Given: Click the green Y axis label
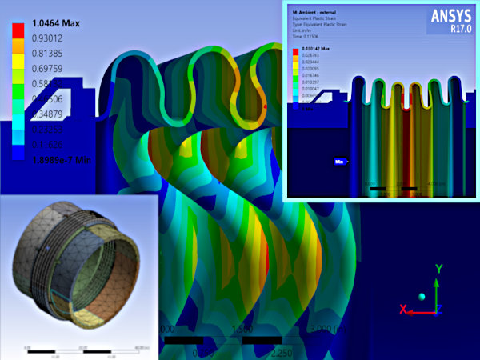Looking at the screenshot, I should point(438,269).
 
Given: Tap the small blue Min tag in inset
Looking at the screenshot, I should point(340,162).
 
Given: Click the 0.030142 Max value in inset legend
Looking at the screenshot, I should point(315,49).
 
